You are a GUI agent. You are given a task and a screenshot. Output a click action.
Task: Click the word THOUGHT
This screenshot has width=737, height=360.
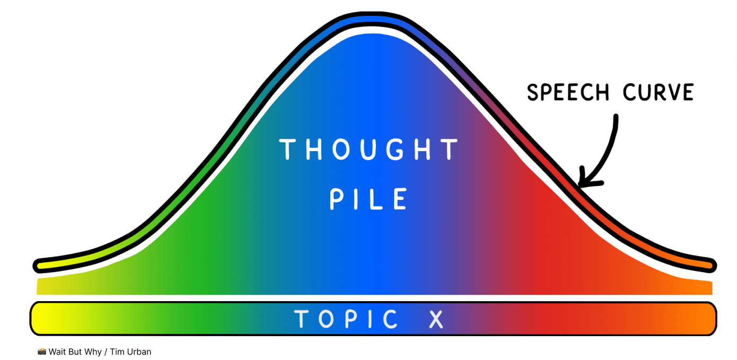pyautogui.click(x=369, y=150)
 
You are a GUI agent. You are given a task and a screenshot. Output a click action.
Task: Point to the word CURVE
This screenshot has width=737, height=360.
pyautogui.click(x=657, y=93)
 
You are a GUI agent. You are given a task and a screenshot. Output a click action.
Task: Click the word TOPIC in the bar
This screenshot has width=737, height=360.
pyautogui.click(x=346, y=319)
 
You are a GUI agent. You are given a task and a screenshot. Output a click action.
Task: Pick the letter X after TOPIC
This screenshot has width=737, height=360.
pyautogui.click(x=436, y=319)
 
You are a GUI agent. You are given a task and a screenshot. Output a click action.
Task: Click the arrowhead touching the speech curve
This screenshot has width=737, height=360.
pyautogui.click(x=584, y=180)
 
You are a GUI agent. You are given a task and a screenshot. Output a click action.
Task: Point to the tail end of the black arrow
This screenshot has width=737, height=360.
pyautogui.click(x=616, y=118)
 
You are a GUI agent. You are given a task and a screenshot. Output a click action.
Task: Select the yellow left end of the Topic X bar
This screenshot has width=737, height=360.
pyautogui.click(x=40, y=319)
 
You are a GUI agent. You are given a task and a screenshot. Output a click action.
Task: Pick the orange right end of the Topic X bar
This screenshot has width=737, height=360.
pyautogui.click(x=708, y=319)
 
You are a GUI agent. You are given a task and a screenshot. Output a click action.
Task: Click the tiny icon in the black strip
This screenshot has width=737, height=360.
pyautogui.click(x=42, y=352)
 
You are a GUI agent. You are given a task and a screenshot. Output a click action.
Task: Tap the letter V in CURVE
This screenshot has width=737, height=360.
pyautogui.click(x=671, y=93)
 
